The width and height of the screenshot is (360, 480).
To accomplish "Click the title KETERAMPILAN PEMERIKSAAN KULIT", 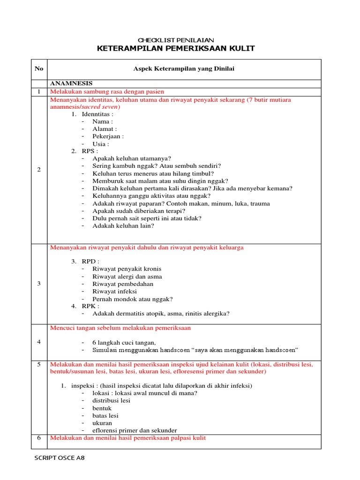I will [176, 49].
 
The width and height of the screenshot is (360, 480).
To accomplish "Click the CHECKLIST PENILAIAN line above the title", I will [176, 40].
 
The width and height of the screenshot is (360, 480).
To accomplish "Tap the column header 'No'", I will [39, 68].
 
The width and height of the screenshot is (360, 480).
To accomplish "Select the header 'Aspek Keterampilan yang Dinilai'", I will [184, 68].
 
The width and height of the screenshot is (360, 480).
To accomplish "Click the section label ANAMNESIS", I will [71, 83].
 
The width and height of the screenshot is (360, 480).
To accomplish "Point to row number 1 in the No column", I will [39, 91].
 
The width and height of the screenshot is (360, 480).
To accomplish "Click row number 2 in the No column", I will [39, 170].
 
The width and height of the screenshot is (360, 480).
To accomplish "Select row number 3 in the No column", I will [39, 284].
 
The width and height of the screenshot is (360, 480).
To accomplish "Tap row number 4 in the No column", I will [39, 342].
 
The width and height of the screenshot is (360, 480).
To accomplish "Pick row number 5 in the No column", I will [39, 364].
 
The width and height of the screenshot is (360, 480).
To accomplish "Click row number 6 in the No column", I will [39, 438].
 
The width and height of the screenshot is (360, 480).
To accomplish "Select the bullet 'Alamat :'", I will [105, 129].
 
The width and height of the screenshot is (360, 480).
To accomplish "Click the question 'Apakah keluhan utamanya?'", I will [132, 158].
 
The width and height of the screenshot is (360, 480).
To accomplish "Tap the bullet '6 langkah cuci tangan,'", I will [124, 343].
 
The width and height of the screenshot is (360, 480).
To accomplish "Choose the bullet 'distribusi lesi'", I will [111, 401].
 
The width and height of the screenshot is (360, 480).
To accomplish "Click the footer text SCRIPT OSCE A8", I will [60, 458].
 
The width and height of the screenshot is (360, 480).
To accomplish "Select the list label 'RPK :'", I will [90, 306].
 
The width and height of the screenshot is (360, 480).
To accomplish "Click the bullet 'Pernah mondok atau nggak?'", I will [133, 299].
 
